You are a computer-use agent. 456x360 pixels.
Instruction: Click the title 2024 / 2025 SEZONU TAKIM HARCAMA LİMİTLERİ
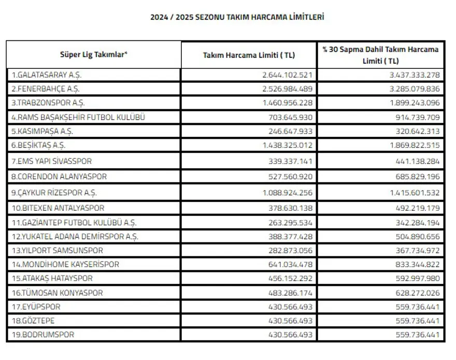pos(237,17)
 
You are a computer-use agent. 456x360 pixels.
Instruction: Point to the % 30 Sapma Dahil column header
pos(380,54)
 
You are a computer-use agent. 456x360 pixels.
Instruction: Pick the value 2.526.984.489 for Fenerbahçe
pos(288,89)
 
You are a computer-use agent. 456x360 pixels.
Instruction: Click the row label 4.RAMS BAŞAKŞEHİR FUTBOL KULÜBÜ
pos(78,117)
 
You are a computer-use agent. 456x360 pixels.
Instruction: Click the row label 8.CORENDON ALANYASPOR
pos(59,177)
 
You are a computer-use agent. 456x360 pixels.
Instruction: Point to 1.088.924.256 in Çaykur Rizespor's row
pos(288,193)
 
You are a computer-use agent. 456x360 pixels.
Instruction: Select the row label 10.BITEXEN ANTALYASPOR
pos(58,208)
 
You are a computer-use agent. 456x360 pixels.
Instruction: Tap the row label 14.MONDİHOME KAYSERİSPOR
pos(65,264)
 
